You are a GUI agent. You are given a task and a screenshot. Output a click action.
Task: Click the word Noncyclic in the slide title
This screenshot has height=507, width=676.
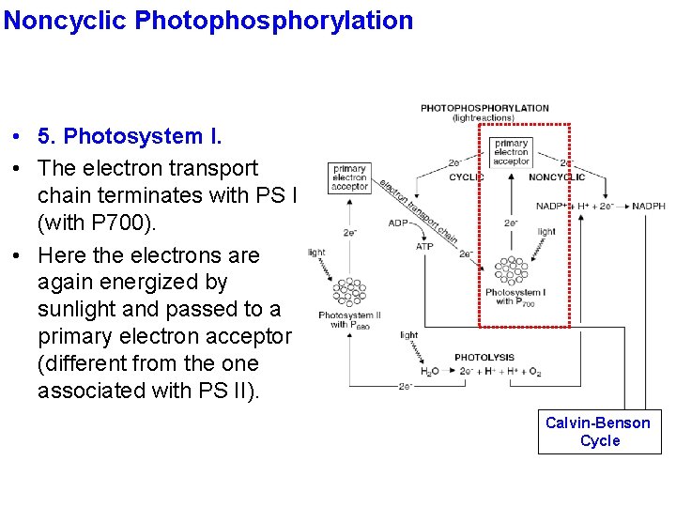click(x=66, y=20)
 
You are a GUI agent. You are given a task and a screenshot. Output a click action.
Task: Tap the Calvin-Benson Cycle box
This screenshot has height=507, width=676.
click(x=600, y=432)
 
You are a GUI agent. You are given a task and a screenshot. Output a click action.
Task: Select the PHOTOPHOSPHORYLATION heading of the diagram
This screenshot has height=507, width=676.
click(x=484, y=108)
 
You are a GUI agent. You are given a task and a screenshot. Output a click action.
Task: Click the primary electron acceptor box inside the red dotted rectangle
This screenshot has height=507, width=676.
click(x=511, y=152)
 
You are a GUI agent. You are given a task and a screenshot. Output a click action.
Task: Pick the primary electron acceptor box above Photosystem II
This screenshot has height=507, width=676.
click(x=349, y=178)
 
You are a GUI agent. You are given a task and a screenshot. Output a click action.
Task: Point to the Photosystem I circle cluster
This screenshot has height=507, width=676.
click(x=512, y=270)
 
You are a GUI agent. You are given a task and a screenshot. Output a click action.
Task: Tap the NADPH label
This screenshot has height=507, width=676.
click(x=648, y=206)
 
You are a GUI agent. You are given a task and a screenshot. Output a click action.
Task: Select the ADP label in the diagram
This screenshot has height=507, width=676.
click(x=398, y=223)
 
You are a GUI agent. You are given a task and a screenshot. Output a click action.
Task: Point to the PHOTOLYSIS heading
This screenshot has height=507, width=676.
click(x=484, y=358)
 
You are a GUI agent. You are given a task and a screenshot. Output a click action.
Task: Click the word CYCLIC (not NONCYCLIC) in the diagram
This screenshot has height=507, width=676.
click(x=467, y=177)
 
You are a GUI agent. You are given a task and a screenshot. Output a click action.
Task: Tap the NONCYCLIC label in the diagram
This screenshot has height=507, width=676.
click(x=557, y=177)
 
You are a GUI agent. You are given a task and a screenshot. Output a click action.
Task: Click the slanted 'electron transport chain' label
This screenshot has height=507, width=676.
click(x=418, y=211)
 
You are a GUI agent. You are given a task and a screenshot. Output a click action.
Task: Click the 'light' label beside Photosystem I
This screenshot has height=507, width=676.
click(x=546, y=231)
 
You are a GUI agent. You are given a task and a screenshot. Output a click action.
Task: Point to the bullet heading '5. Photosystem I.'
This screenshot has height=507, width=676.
click(x=130, y=137)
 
